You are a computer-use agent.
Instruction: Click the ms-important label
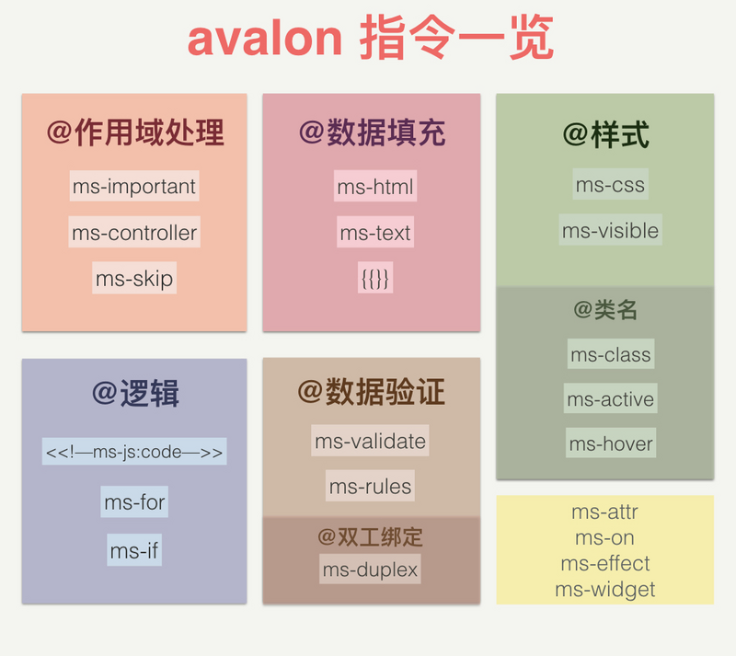coord(134,187)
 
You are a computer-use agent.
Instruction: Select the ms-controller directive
coord(134,233)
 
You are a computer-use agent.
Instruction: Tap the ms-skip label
coord(134,278)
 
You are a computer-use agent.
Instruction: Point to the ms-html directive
coord(375,187)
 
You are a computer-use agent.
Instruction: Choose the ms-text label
coord(375,233)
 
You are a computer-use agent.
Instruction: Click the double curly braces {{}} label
coord(375,278)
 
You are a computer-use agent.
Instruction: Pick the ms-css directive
coord(610,185)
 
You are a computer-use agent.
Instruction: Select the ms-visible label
coord(610,230)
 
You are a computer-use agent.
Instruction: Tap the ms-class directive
coord(610,354)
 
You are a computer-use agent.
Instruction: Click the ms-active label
coord(610,399)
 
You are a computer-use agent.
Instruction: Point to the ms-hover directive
coord(610,443)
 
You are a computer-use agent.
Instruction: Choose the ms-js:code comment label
coord(134,453)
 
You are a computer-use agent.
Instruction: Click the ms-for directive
coord(134,502)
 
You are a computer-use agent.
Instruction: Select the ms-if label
coord(134,551)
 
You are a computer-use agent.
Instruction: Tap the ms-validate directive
coord(370,441)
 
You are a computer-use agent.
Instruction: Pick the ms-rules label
coord(370,486)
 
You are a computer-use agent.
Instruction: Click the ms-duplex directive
coord(370,570)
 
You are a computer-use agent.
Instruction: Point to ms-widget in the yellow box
coord(604,590)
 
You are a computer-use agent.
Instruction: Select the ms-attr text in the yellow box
coord(604,512)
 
